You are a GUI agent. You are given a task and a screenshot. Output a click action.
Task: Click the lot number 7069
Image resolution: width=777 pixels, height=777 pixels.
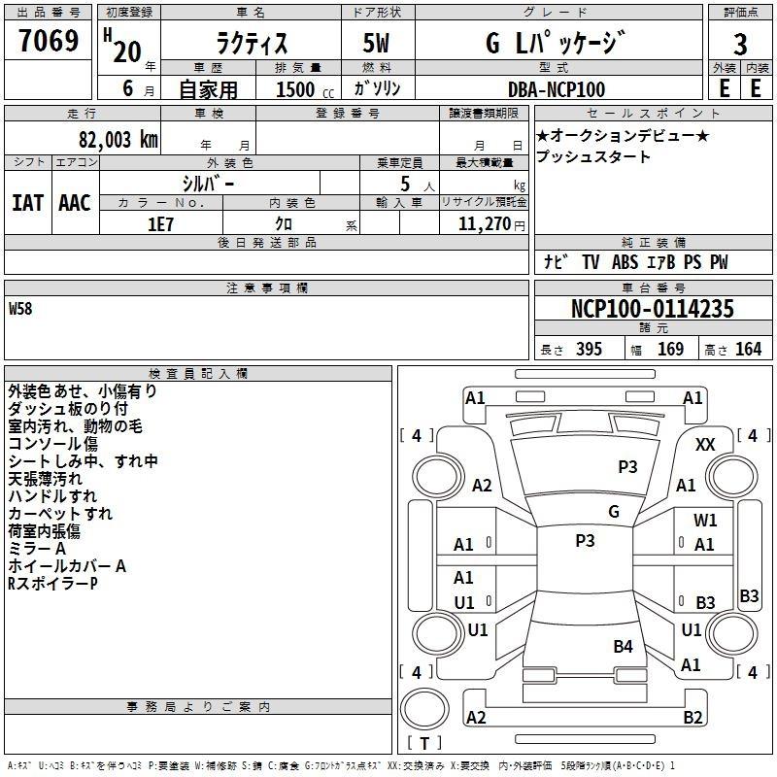49,40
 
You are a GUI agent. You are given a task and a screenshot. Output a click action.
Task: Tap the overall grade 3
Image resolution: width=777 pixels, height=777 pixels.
740,44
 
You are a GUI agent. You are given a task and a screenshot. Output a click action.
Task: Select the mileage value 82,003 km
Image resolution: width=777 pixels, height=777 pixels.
118,139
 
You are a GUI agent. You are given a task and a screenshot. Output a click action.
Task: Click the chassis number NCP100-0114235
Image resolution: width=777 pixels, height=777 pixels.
652,308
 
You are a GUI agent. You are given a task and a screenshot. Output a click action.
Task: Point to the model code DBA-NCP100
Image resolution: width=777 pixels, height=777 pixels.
557,89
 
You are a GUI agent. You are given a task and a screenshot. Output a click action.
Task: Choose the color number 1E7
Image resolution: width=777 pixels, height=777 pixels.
160,224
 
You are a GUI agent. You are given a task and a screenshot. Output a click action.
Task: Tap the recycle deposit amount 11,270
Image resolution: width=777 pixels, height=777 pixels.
485,223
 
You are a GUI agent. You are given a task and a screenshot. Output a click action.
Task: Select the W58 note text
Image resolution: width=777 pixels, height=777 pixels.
20,308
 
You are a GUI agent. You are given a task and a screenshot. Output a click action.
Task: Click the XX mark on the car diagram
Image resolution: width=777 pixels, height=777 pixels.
705,445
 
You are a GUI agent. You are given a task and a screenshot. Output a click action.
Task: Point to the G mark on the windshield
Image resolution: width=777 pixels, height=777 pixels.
614,512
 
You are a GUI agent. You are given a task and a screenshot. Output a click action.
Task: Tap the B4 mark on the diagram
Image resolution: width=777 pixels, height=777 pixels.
623,646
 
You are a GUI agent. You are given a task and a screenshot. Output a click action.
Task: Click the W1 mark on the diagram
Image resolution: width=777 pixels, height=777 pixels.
705,520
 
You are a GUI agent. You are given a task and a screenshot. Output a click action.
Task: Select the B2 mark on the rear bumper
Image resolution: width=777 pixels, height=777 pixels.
693,717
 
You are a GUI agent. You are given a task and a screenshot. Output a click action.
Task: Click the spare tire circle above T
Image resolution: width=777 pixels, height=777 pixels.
424,709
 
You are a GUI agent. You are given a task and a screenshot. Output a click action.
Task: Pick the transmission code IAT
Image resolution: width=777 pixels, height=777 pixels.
28,203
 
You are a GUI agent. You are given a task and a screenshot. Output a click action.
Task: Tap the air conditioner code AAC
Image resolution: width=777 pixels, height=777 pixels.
75,203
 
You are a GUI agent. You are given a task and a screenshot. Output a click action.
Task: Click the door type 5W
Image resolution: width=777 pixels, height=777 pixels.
376,43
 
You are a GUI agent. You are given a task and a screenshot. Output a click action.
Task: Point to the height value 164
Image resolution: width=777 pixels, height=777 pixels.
748,349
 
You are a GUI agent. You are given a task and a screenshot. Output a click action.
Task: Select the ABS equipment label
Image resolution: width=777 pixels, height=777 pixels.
625,262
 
